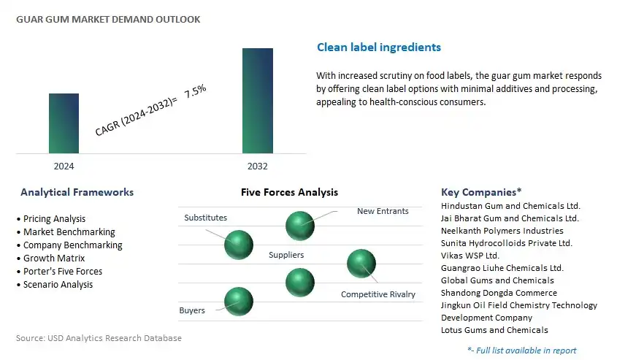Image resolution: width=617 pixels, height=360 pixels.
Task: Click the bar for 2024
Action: tap(64, 123)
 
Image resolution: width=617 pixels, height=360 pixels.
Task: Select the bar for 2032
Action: tap(258, 101)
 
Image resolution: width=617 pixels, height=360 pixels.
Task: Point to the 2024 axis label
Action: tap(64, 166)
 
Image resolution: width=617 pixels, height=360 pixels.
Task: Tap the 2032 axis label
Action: tap(257, 166)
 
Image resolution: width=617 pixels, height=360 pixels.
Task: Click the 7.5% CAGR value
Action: tap(195, 91)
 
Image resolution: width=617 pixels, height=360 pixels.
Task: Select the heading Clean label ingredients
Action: tap(379, 47)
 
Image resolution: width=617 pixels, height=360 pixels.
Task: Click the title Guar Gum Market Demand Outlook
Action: tap(108, 19)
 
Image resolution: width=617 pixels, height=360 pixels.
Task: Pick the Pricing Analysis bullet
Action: tap(54, 219)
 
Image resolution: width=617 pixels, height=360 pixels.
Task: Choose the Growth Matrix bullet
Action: tap(54, 258)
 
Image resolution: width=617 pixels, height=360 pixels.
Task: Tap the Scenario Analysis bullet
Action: tap(58, 285)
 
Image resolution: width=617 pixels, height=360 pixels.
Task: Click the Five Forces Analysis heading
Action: tap(290, 192)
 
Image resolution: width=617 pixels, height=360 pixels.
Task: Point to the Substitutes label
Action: tap(205, 218)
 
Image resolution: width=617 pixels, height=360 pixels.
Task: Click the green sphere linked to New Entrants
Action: tap(300, 226)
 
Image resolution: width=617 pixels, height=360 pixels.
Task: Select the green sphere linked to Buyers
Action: tap(239, 302)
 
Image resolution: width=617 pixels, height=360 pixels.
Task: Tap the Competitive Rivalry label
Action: tap(378, 294)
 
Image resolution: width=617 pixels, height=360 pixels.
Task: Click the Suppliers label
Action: tap(286, 255)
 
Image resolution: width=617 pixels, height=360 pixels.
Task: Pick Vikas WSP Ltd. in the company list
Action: tap(470, 256)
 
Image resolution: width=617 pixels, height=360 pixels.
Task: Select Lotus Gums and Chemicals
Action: tap(494, 330)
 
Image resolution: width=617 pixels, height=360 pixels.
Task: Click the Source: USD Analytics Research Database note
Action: tap(99, 338)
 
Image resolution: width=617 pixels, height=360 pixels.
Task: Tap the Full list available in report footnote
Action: tap(522, 351)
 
